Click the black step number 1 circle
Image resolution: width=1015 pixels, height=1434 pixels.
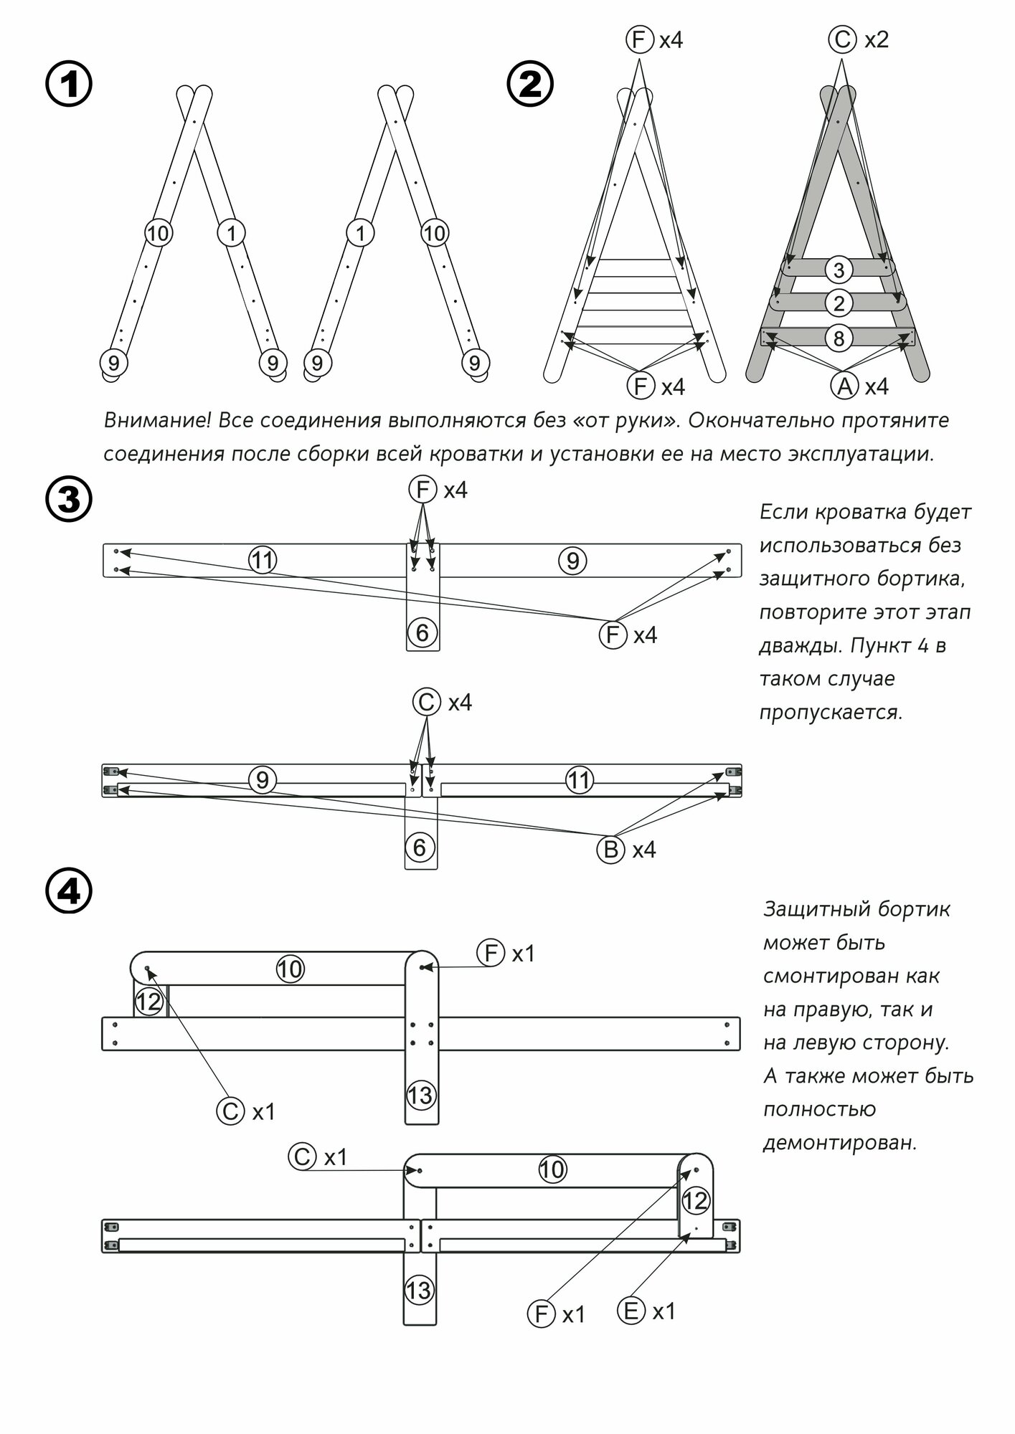69,85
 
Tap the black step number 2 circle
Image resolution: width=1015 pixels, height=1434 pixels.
530,85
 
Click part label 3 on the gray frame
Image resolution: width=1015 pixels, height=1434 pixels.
839,270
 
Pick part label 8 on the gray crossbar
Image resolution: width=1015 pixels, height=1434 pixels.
839,338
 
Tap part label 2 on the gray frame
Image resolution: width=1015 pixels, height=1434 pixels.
839,303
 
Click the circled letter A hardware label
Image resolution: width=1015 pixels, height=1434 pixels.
844,386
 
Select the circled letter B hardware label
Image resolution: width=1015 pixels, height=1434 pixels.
610,850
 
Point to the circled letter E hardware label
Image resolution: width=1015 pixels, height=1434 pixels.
631,1311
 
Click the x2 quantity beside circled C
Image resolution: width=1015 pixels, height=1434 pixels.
877,39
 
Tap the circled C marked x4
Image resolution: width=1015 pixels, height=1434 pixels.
426,702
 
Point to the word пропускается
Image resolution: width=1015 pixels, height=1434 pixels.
831,713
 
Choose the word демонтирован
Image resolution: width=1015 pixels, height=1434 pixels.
840,1143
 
